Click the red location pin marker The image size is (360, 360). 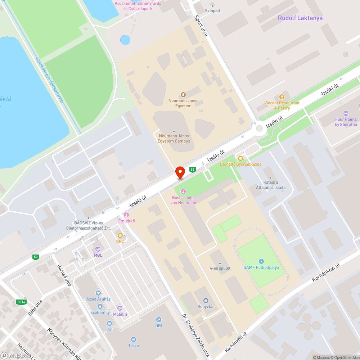pyautogui.click(x=180, y=172)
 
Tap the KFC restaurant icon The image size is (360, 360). pyautogui.click(x=120, y=235)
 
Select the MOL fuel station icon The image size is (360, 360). pyautogui.click(x=98, y=249)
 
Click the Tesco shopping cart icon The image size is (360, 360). pyautogui.click(x=134, y=339)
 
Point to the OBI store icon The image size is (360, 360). pyautogui.click(x=158, y=320)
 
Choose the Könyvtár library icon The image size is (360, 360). pyautogui.click(x=206, y=301)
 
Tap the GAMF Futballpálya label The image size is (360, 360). pyautogui.click(x=261, y=267)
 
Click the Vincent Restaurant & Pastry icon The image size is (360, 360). pyautogui.click(x=282, y=96)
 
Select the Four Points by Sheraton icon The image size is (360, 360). pyautogui.click(x=346, y=113)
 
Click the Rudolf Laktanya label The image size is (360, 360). pyautogui.click(x=300, y=18)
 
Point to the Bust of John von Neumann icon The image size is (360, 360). pyautogui.click(x=183, y=191)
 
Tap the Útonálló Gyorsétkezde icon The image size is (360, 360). pyautogui.click(x=240, y=158)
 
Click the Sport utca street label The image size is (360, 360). pyautogui.click(x=201, y=26)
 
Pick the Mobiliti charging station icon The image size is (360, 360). pyautogui.click(x=120, y=308)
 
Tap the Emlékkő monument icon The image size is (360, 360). pyautogui.click(x=126, y=215)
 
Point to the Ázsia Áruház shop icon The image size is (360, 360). pyautogui.click(x=98, y=293)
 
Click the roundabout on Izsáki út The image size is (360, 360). pyautogui.click(x=259, y=129)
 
